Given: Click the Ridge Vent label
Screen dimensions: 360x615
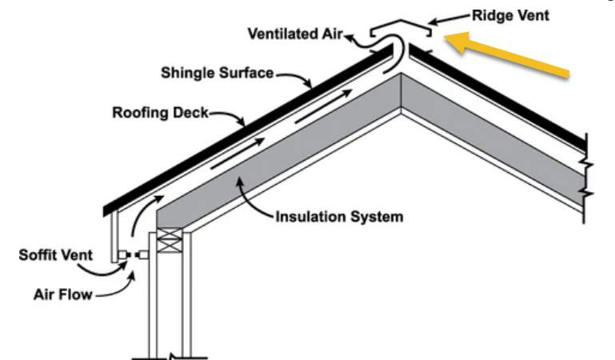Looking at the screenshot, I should click(510, 16).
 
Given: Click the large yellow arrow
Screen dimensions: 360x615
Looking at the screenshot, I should click(504, 54).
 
